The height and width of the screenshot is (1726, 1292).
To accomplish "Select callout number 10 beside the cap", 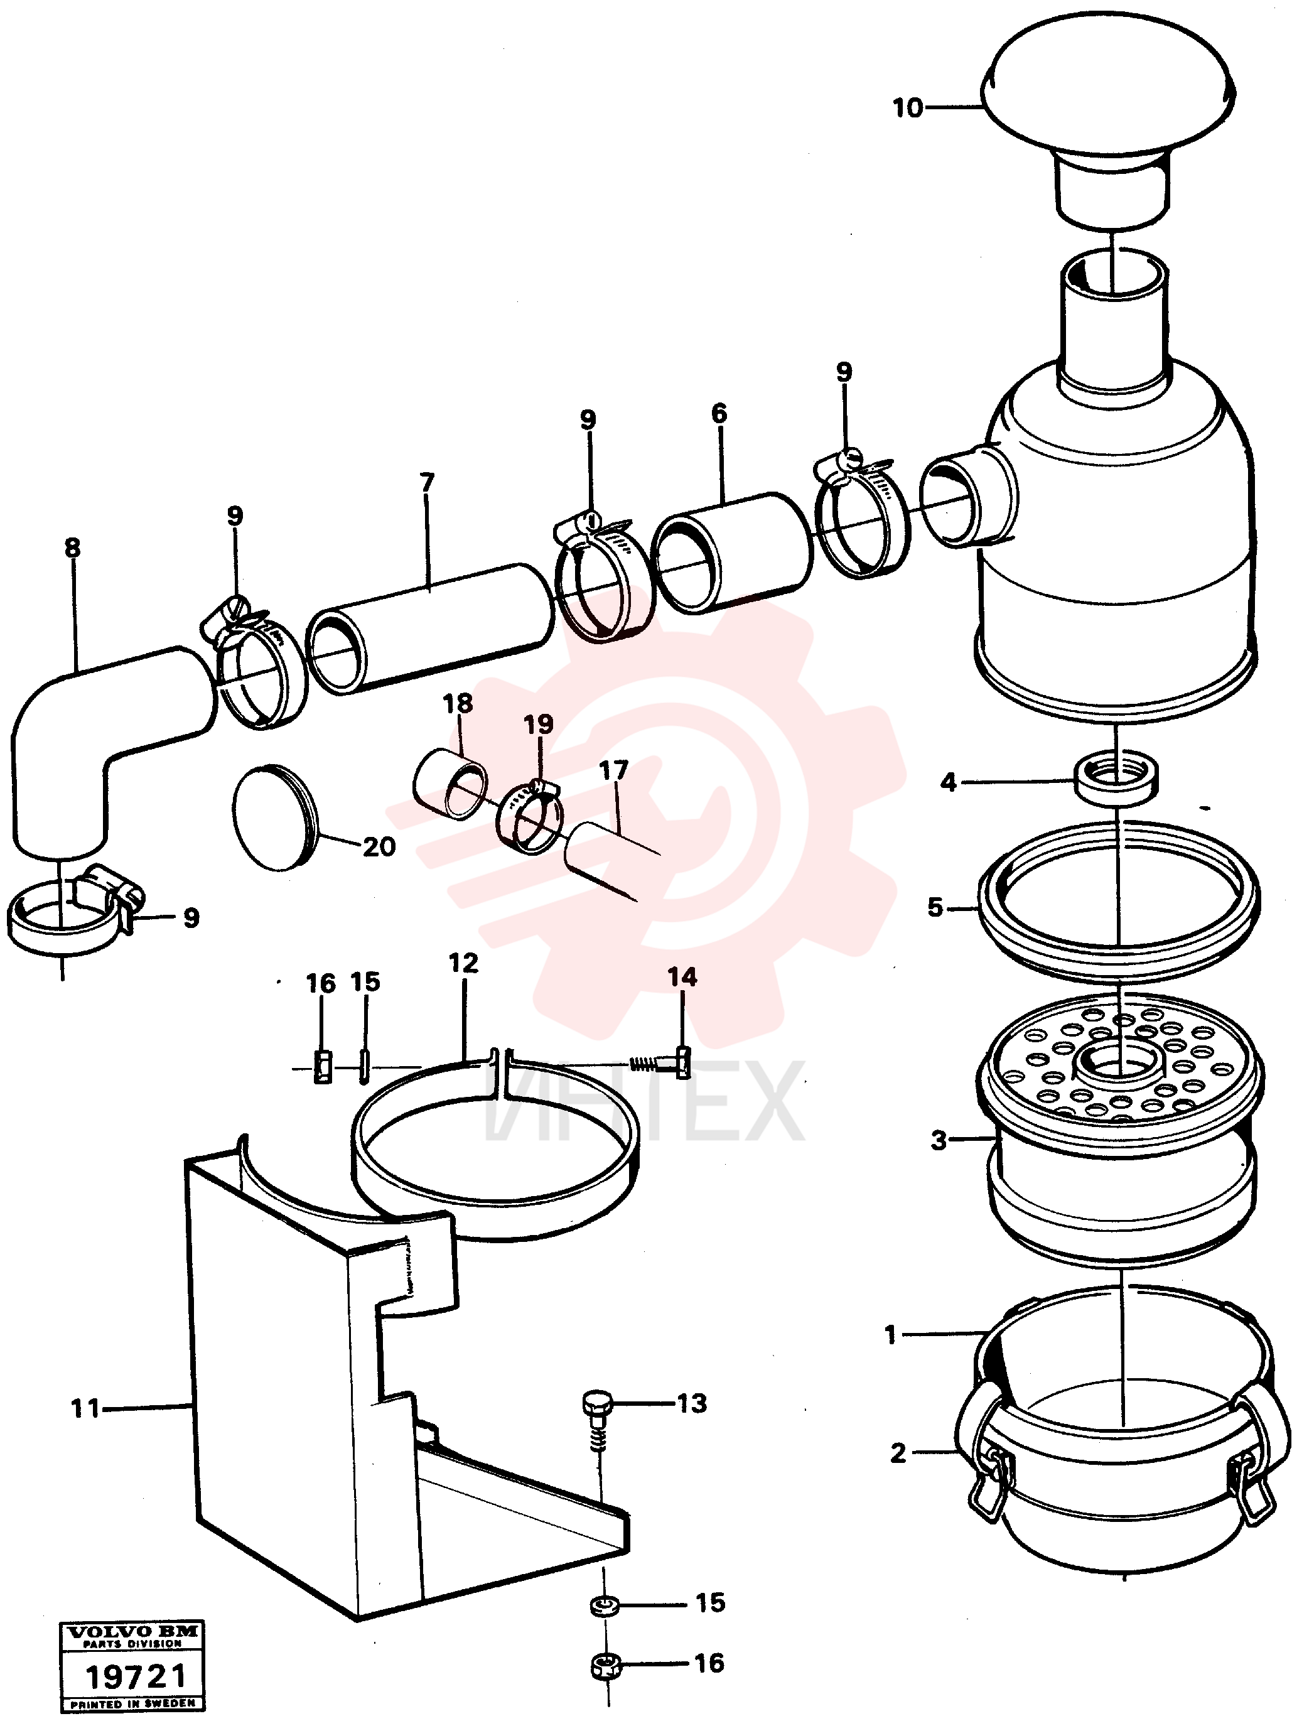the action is click(907, 108).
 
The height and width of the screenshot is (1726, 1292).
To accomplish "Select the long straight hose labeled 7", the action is click(429, 628).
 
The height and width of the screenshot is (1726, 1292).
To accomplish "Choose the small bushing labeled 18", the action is click(450, 784).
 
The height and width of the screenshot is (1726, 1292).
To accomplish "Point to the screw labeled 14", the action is click(662, 1062).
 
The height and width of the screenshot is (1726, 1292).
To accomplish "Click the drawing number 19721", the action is click(136, 1675).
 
